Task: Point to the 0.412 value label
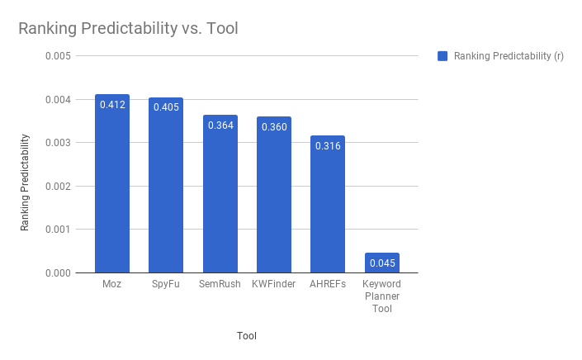111,105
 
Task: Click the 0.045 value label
382,263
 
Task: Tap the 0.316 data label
328,146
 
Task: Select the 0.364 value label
220,126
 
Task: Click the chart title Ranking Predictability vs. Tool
128,29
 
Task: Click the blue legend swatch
442,56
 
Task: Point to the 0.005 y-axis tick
59,56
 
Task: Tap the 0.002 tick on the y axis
59,186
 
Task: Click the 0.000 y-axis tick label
59,272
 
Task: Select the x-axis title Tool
247,335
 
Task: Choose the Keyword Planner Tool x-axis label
382,296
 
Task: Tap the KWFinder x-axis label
274,284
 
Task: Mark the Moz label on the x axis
111,284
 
